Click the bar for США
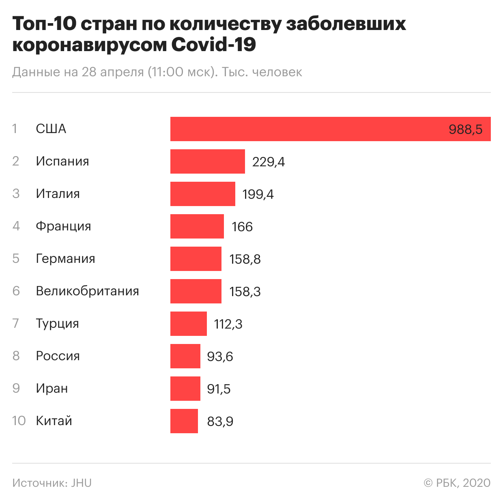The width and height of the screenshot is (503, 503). click(308, 129)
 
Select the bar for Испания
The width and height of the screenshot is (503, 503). click(207, 161)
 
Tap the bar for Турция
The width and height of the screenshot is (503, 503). click(188, 324)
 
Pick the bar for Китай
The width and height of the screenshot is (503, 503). click(184, 421)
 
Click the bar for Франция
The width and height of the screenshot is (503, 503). click(197, 226)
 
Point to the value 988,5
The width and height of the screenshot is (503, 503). click(465, 129)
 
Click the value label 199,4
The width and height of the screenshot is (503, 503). click(258, 194)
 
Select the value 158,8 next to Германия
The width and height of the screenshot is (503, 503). click(245, 259)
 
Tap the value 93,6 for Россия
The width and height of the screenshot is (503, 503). click(220, 357)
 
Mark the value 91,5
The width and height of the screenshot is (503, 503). click(219, 389)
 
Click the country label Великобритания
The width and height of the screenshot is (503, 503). click(87, 291)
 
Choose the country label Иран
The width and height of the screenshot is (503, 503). click(52, 388)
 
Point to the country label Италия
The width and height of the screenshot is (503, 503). click(58, 193)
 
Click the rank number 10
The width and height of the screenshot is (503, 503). click(19, 421)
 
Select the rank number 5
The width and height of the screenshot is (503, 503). click(16, 258)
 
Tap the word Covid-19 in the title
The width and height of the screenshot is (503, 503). click(213, 44)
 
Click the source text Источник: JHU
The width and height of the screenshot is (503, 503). click(52, 483)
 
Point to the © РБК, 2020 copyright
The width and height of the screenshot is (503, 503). click(457, 483)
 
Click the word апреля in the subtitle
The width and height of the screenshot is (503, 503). click(122, 72)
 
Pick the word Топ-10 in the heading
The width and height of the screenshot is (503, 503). click(44, 24)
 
